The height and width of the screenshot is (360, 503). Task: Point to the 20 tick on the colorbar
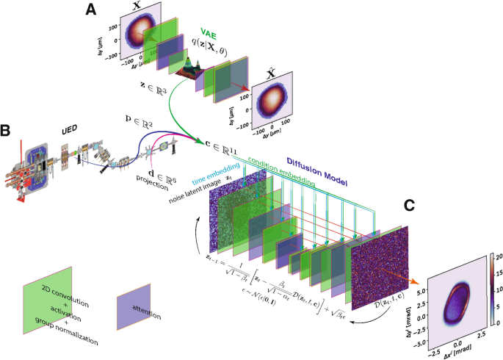point(496,256)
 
